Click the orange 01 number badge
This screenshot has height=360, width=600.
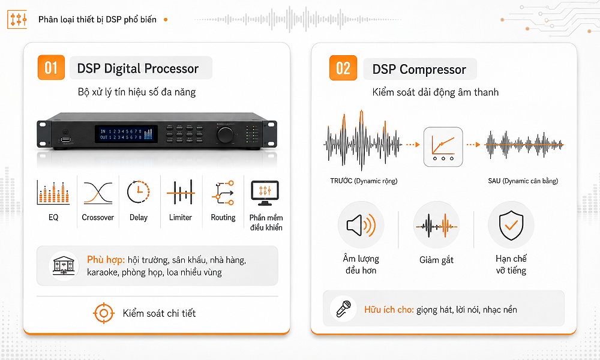(x=51, y=68)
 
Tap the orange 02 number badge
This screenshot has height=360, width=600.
(x=343, y=68)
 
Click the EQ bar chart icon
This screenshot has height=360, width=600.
(x=53, y=193)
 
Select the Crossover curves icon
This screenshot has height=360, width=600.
(x=98, y=193)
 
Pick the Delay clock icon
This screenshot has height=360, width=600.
(x=138, y=192)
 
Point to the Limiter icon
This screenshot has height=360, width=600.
(x=181, y=193)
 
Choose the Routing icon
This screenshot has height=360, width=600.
(x=223, y=193)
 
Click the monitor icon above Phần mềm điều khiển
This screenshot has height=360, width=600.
(x=265, y=193)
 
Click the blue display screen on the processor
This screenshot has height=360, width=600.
(x=126, y=134)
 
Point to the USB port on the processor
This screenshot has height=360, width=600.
(x=65, y=140)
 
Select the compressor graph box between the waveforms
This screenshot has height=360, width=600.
(x=443, y=147)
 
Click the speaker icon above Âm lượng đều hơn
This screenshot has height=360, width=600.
(x=361, y=225)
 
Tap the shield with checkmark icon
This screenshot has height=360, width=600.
(x=511, y=225)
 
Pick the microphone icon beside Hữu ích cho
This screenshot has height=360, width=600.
(x=343, y=309)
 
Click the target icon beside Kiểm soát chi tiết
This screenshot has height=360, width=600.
(x=104, y=313)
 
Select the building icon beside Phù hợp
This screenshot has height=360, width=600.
(x=64, y=265)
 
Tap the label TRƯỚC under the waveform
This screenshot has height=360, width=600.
(x=341, y=181)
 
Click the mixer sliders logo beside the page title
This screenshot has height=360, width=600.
(x=17, y=20)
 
